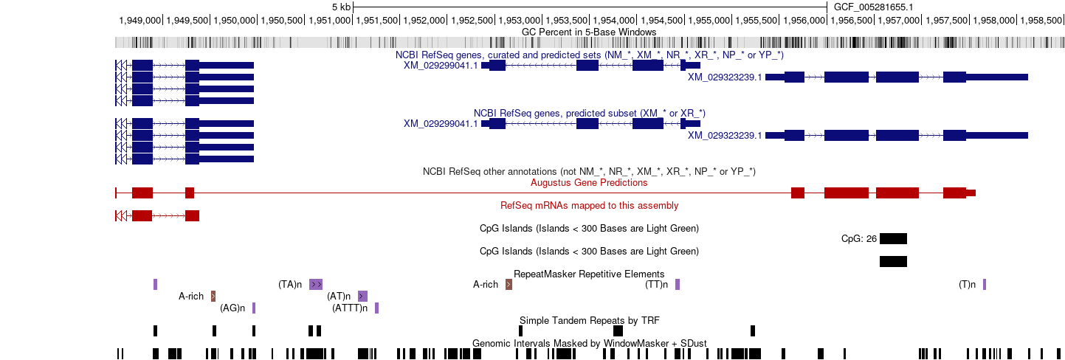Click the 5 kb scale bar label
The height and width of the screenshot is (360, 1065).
point(342,7)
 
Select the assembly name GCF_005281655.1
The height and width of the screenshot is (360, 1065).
point(873,7)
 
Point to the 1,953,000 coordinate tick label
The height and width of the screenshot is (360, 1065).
point(519,21)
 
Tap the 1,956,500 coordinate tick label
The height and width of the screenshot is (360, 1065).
point(852,21)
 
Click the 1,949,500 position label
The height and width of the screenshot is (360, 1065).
point(187,21)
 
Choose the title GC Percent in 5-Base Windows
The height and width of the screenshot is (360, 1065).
point(589,32)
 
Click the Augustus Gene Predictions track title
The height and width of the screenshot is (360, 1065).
point(589,183)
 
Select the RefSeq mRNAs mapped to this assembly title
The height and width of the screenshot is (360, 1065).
point(589,206)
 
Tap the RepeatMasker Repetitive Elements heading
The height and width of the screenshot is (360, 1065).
point(589,274)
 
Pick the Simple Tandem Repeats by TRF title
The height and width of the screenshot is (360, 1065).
point(589,321)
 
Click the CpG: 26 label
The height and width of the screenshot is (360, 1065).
point(858,239)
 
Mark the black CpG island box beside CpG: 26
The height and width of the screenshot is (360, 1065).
point(893,239)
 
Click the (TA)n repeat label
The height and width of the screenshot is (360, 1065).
point(290,285)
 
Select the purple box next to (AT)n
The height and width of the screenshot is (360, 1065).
point(363,297)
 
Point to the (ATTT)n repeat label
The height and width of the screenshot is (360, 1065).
point(350,308)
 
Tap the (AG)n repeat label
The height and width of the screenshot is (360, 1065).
point(232,308)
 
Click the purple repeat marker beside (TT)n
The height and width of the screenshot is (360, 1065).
point(678,285)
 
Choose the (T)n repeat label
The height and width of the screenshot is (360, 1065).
point(967,285)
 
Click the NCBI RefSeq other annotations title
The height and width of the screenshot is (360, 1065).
point(589,171)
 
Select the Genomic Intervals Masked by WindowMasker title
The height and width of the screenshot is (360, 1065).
point(589,343)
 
